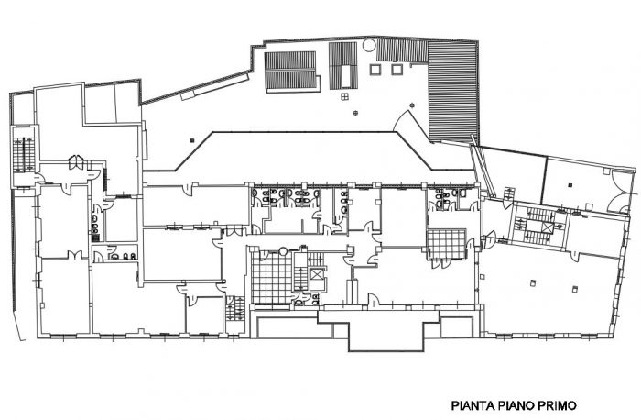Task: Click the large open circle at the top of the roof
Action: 368,45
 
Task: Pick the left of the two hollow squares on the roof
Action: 375,69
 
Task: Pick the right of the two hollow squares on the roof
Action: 397,69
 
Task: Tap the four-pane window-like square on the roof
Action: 345,96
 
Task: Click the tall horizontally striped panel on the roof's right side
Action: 453,91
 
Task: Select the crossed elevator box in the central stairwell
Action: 317,274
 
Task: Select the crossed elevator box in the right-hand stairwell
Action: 547,227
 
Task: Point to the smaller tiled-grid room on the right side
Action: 447,244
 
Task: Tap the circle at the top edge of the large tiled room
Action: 283,250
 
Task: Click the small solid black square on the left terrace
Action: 191,140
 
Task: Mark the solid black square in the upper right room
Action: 570,184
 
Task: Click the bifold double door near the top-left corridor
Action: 76,162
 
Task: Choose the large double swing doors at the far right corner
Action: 621,192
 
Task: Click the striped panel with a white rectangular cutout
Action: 343,65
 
